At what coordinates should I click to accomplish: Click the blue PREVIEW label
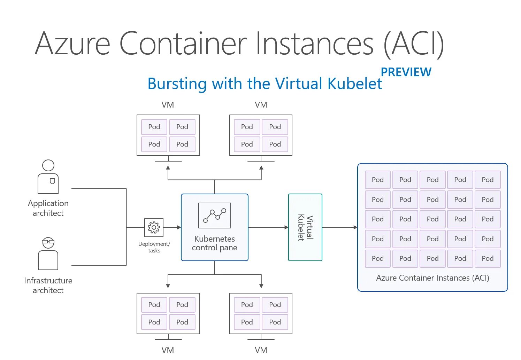point(406,72)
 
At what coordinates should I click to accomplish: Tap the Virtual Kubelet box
point(305,227)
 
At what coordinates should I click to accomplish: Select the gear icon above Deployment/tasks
point(154,227)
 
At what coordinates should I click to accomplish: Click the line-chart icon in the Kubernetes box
point(215,215)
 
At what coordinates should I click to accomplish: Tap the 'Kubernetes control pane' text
point(215,243)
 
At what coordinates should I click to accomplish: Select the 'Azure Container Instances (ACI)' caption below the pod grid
point(432,278)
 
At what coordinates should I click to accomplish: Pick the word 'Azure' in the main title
point(72,44)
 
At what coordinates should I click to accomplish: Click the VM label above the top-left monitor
point(168,105)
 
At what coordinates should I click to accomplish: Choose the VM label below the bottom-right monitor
point(261,350)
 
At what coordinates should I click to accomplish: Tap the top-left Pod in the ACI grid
point(378,180)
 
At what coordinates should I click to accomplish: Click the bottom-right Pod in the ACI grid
point(488,258)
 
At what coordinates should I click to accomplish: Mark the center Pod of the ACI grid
point(432,219)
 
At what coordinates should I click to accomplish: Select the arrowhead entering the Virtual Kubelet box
point(286,227)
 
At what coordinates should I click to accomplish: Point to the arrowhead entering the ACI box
point(355,227)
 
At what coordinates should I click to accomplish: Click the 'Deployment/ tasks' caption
point(154,247)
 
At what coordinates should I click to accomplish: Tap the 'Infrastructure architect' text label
point(48,285)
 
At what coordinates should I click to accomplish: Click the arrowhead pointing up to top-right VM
point(261,168)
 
